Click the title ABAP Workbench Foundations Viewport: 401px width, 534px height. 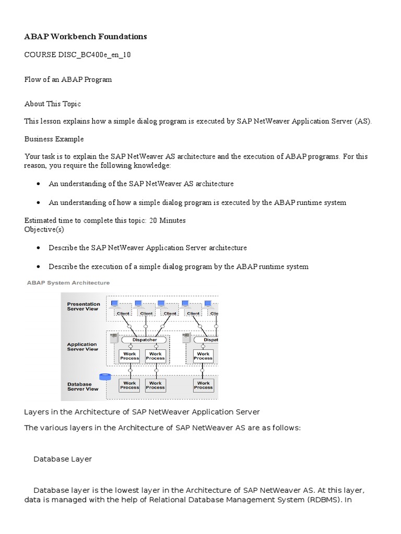click(x=86, y=37)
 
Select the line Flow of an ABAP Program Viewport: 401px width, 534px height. click(x=68, y=80)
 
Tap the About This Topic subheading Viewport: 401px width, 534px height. click(x=53, y=104)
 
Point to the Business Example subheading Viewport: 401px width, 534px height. click(x=54, y=139)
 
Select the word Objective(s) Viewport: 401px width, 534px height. click(x=44, y=229)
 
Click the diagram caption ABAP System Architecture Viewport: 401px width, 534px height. click(x=68, y=283)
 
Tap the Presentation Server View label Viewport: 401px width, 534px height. click(x=84, y=307)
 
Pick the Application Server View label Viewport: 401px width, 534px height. click(x=82, y=347)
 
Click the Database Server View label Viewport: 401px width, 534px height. click(x=82, y=386)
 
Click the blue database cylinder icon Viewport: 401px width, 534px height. click(x=105, y=377)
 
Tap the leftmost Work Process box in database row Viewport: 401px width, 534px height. click(x=129, y=385)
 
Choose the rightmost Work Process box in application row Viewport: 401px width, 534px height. click(x=203, y=356)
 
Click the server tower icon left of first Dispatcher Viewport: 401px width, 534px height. click(x=113, y=338)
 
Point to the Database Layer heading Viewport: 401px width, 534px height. click(x=63, y=459)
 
